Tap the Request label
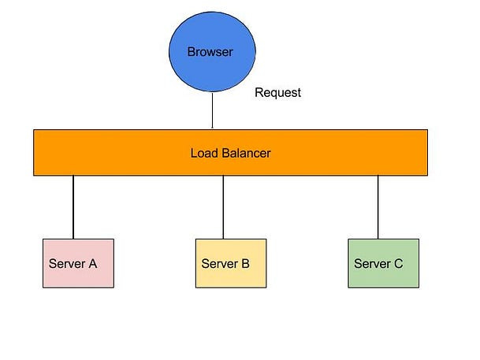tap(277, 93)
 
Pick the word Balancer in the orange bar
tap(245, 153)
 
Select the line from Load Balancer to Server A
tap(73, 206)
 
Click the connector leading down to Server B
tap(223, 206)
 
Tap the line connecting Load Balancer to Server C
tap(378, 206)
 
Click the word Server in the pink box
tap(67, 264)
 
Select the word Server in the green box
tap(372, 264)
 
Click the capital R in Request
tap(259, 93)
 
